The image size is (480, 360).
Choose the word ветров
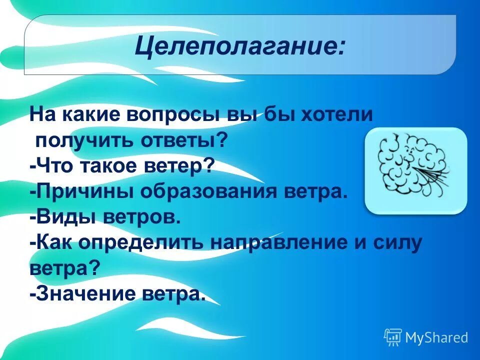pyautogui.click(x=141, y=217)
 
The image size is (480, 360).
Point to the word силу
pyautogui.click(x=400, y=243)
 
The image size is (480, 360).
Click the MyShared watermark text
pyautogui.click(x=436, y=337)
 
